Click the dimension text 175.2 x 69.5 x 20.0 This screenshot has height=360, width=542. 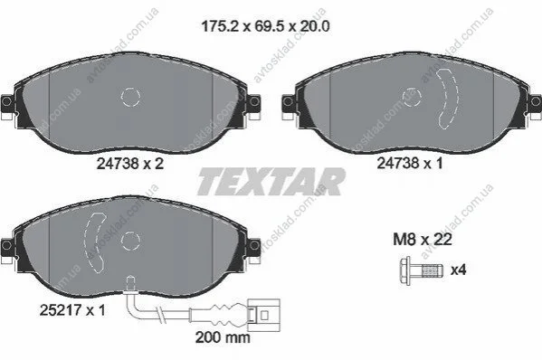[265, 26]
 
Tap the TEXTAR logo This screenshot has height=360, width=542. [271, 182]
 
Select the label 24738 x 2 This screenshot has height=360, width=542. [129, 164]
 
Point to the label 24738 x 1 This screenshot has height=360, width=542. [410, 163]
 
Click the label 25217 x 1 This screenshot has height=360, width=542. [72, 310]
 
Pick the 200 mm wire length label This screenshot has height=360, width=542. [223, 337]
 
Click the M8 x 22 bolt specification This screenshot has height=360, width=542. [423, 240]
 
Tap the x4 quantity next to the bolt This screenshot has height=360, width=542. [459, 270]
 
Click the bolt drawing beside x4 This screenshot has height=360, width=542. [422, 270]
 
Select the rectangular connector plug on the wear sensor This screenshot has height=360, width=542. [264, 315]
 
